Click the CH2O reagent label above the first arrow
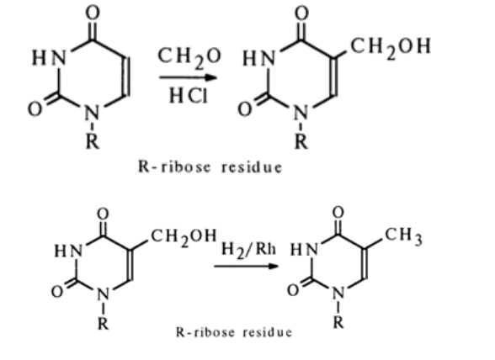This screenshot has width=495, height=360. (189, 58)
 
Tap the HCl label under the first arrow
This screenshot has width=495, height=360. (189, 95)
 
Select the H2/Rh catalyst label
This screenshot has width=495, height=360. (248, 250)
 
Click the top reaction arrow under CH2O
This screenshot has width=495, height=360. (189, 77)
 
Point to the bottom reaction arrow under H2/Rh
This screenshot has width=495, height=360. (246, 266)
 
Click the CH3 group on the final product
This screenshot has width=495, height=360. (403, 236)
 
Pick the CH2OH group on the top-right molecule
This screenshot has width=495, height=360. (391, 48)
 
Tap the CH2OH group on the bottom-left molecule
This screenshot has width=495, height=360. (184, 237)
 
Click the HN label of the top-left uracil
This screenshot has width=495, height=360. (49, 58)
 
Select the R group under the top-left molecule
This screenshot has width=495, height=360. (93, 141)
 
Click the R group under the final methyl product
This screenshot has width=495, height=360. (338, 322)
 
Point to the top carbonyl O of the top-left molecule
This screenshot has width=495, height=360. (93, 13)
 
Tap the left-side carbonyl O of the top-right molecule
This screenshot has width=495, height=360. (245, 109)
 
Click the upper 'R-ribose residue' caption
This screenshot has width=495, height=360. (210, 167)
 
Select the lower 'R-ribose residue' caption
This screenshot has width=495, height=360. (234, 332)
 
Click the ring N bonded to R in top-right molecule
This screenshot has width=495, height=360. (301, 113)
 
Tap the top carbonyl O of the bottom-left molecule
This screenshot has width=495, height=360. (103, 214)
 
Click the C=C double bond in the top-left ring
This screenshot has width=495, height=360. (126, 76)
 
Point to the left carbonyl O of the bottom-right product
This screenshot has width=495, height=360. (293, 290)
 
